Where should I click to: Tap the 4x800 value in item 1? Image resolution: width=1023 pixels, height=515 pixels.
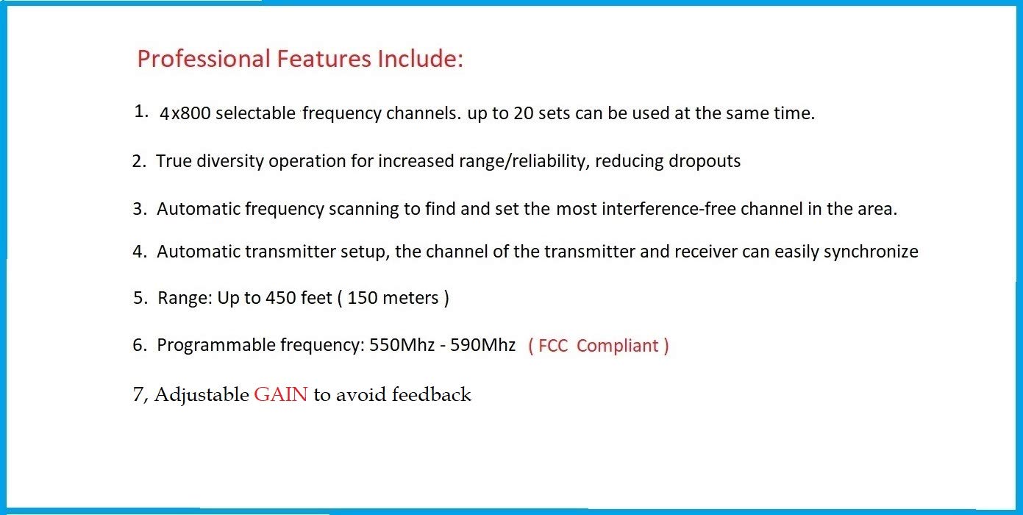pyautogui.click(x=185, y=114)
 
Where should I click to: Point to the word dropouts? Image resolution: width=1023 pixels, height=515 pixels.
pyautogui.click(x=704, y=161)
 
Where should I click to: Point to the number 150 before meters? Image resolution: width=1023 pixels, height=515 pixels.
pyautogui.click(x=363, y=298)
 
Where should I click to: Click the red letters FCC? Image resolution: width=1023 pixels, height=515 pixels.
pyautogui.click(x=553, y=346)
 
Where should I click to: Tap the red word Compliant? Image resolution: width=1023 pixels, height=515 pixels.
pyautogui.click(x=619, y=346)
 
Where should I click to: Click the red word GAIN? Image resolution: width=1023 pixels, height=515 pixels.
pyautogui.click(x=281, y=395)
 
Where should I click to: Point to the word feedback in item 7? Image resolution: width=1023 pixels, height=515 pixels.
pyautogui.click(x=431, y=395)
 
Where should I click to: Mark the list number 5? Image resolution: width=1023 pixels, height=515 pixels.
pyautogui.click(x=139, y=298)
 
